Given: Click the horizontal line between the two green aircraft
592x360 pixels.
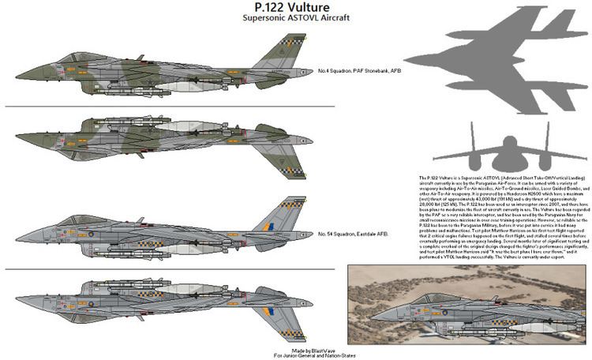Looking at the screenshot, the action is pos(170,107).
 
